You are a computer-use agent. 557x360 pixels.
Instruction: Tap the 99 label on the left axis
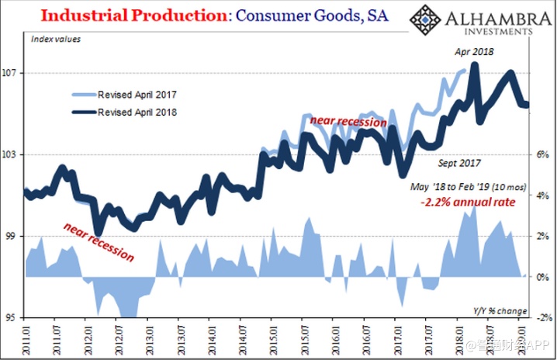[x=12, y=237]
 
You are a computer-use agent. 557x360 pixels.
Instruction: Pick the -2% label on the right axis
[x=543, y=318]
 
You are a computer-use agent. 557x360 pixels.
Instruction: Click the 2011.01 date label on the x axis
[x=25, y=339]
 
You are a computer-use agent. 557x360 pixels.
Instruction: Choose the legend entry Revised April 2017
[x=137, y=95]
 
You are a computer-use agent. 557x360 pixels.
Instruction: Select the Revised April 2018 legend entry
[x=137, y=112]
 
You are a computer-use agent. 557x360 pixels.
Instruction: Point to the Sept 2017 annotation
[x=459, y=163]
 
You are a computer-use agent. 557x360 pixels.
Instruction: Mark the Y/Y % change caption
[x=500, y=311]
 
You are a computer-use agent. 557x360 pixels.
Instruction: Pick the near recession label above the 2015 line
[x=348, y=122]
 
